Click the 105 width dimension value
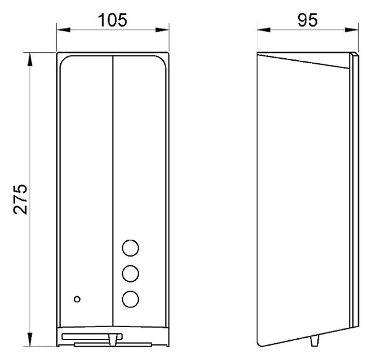click(113, 20)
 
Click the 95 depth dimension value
click(308, 20)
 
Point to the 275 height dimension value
click(20, 199)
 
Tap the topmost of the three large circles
click(130, 248)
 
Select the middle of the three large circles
click(130, 274)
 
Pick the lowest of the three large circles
click(130, 299)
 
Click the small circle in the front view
click(77, 299)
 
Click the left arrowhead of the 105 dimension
click(64, 30)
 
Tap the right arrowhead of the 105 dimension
click(162, 30)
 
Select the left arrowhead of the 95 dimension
click(264, 30)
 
